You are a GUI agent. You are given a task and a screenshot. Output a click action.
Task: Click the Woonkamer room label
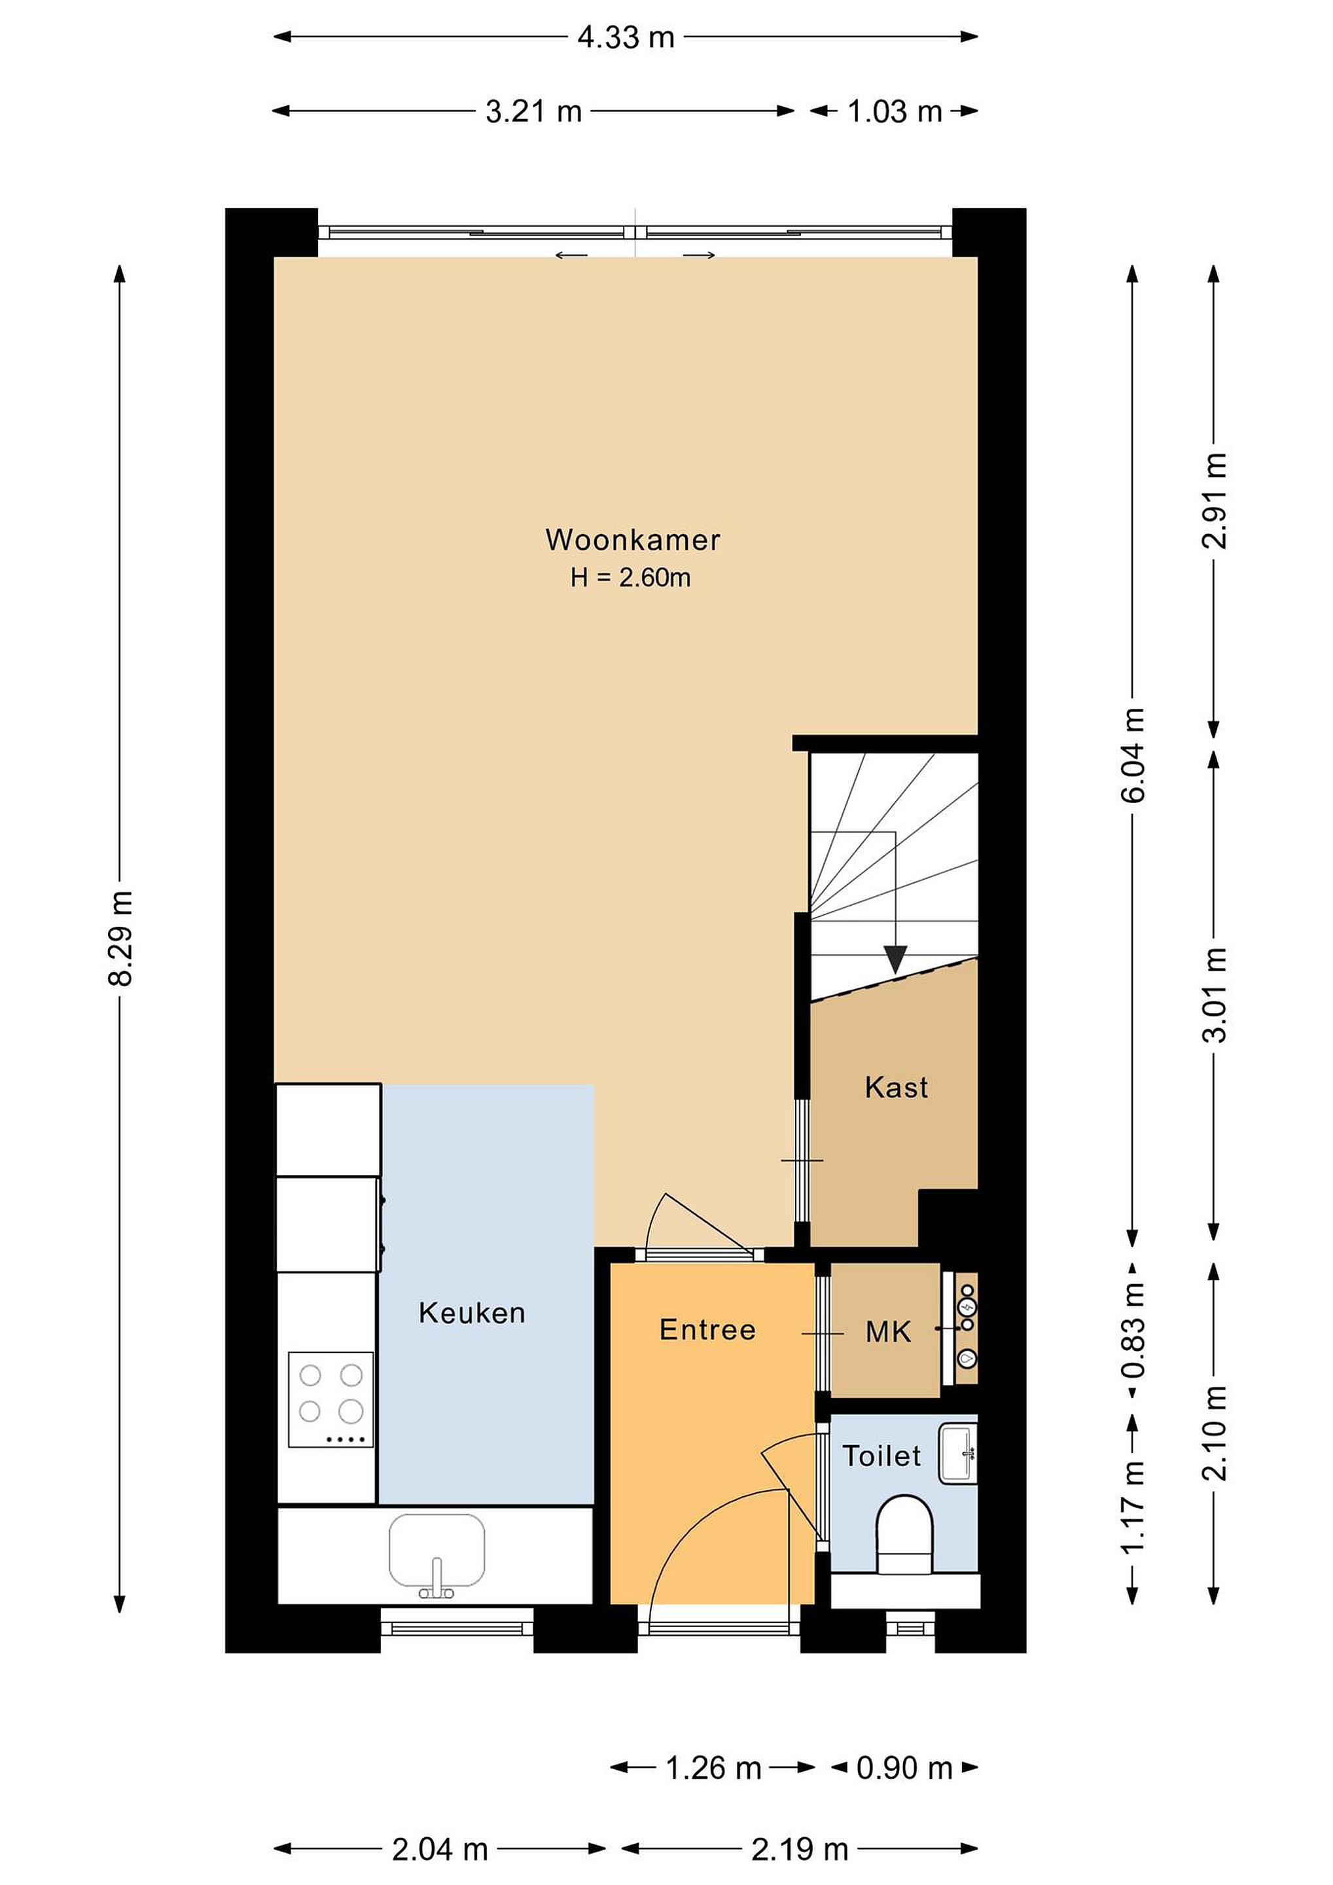[633, 540]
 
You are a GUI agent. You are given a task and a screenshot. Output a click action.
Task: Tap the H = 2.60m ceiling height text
[630, 578]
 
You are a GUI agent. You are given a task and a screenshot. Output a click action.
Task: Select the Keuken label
[472, 1313]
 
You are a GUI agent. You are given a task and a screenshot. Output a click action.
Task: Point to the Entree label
[707, 1329]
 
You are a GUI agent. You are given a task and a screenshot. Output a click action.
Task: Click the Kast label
[897, 1088]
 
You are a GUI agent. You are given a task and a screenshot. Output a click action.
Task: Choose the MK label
[888, 1332]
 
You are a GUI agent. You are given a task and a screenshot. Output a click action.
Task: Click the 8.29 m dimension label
[120, 937]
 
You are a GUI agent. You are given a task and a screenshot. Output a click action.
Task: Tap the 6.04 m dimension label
[1133, 755]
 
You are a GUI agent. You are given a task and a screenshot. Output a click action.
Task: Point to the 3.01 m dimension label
[1215, 995]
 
